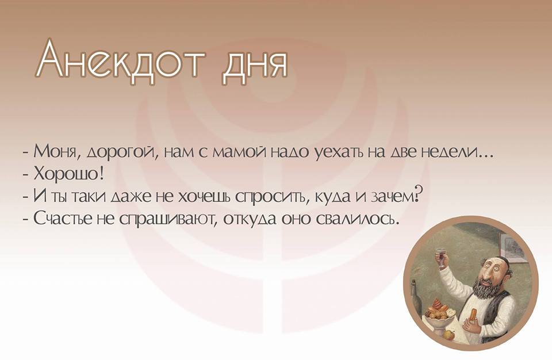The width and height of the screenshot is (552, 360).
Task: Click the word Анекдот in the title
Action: (x=120, y=60)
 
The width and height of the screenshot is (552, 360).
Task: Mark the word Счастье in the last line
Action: (x=62, y=219)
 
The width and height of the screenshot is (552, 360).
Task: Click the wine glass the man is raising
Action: (x=440, y=257)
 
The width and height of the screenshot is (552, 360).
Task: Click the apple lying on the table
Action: (x=448, y=333)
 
